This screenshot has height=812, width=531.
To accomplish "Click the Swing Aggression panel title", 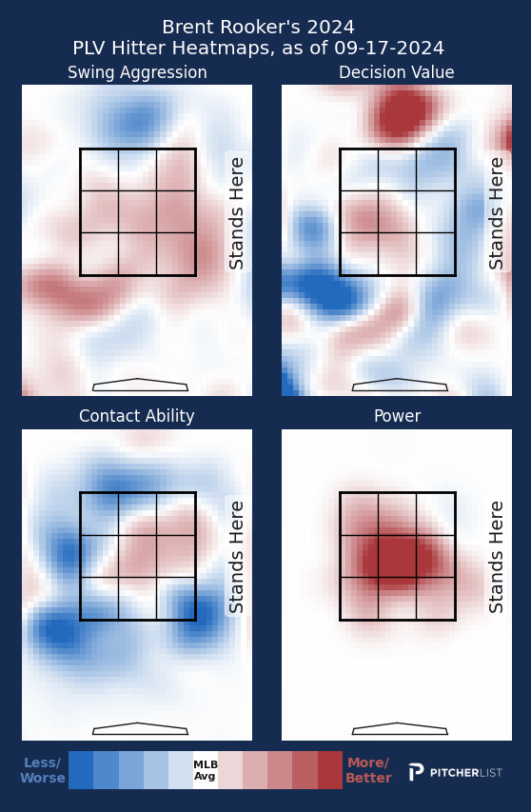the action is click(137, 72).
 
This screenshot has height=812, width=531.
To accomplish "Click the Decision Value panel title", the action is click(397, 72).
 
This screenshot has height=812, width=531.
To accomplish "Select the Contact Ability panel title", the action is click(137, 416).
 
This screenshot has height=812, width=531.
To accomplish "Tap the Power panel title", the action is click(398, 416).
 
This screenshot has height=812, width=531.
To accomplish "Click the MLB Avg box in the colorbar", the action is click(206, 770).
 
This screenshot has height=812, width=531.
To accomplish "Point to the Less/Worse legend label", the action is click(43, 770).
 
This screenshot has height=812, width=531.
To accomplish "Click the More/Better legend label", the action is click(368, 770).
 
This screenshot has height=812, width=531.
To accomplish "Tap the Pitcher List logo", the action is click(456, 772).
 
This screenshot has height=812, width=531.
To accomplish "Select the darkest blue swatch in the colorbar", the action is click(81, 770).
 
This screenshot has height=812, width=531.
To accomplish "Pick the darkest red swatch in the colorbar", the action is click(329, 770).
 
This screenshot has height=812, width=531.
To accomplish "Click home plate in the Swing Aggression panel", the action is click(140, 385).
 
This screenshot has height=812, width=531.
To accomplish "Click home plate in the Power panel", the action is click(400, 728).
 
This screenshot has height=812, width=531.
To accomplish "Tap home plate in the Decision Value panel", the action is click(400, 385).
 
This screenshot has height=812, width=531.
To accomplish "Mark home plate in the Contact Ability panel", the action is click(140, 728).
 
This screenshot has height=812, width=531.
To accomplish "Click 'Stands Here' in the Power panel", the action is click(496, 557).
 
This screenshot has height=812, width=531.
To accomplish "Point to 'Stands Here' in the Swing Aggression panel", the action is click(236, 213).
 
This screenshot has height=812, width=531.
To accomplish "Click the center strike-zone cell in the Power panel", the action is click(398, 556).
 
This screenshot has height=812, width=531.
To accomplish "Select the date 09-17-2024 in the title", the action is click(389, 49).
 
